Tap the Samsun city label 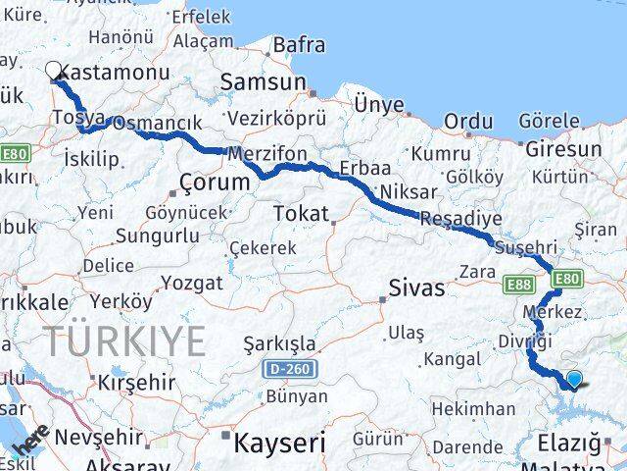pyautogui.click(x=263, y=83)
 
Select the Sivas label pyautogui.click(x=416, y=288)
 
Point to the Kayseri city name pyautogui.click(x=279, y=443)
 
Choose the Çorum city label pyautogui.click(x=216, y=183)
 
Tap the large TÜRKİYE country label pyautogui.click(x=124, y=341)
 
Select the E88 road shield pyautogui.click(x=519, y=285)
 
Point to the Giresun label pyautogui.click(x=563, y=149)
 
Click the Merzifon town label pyautogui.click(x=267, y=154)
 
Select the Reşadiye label pyautogui.click(x=460, y=219)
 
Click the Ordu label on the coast pyautogui.click(x=468, y=121)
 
